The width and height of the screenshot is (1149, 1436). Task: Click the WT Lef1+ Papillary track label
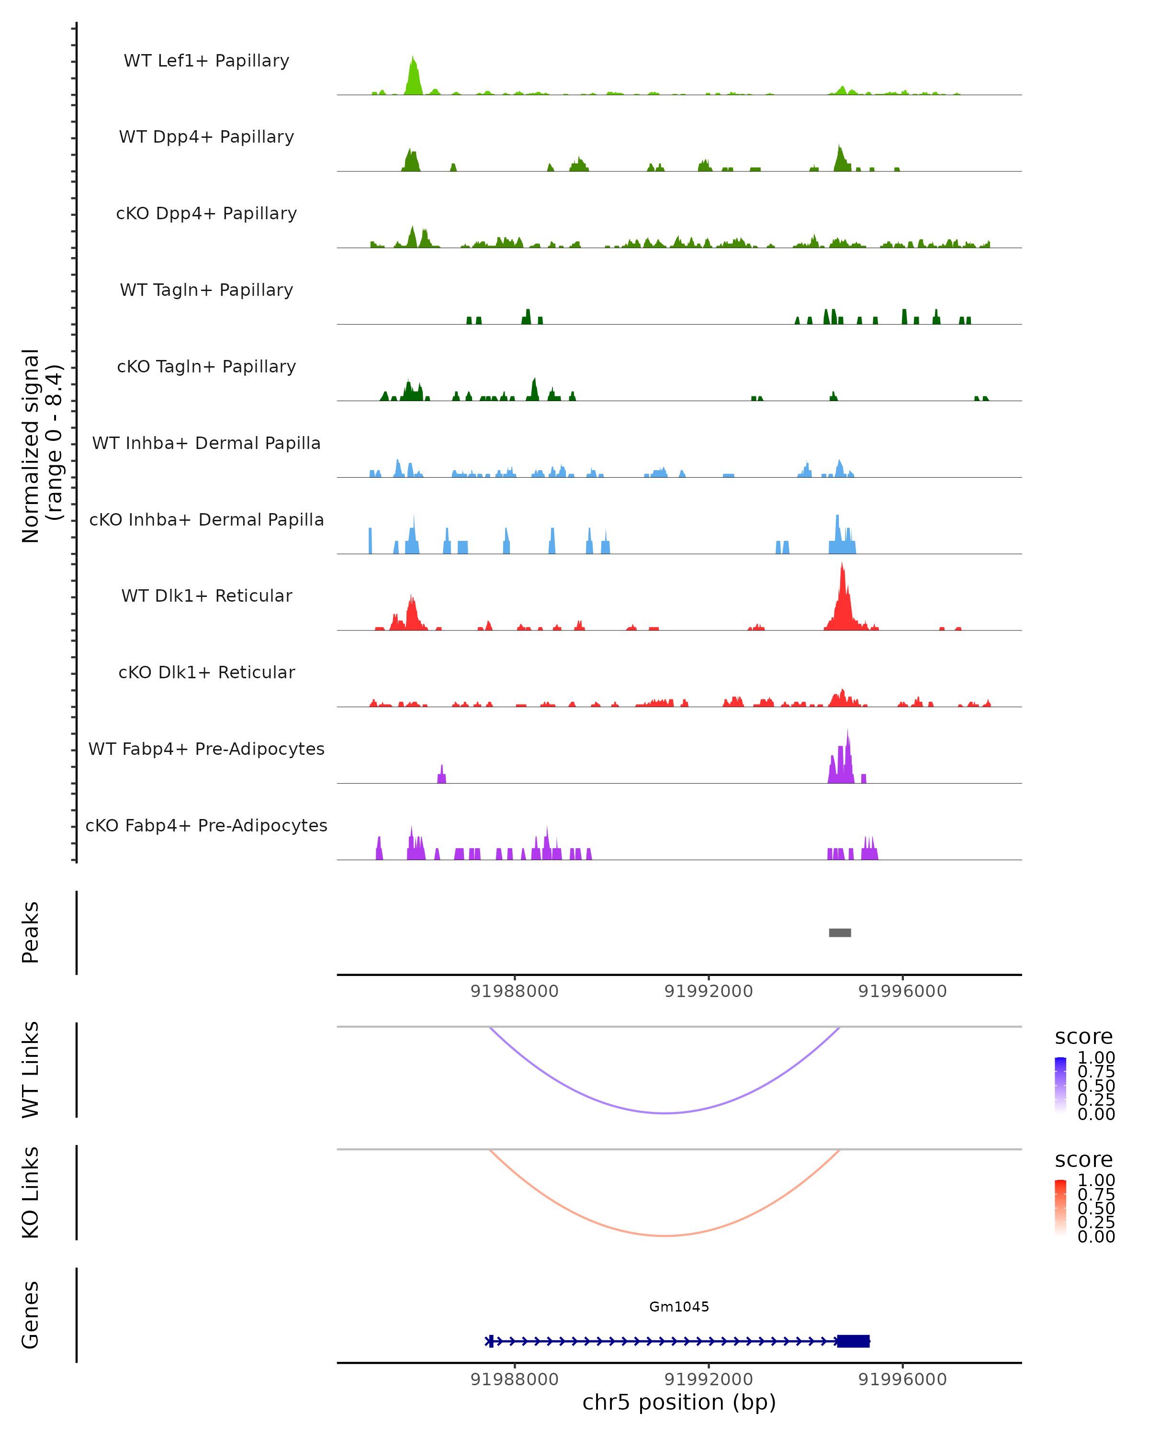pos(206,61)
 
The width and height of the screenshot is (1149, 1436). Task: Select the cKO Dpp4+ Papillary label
pos(206,214)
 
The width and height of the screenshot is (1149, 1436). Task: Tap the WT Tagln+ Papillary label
pos(206,291)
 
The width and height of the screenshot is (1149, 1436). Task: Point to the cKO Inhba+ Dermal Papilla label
pos(206,520)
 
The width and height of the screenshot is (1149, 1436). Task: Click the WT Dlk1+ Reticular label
pos(206,596)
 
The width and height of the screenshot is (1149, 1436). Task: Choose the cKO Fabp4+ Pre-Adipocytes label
pos(206,826)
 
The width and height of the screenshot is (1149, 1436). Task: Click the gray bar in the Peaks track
pos(839,932)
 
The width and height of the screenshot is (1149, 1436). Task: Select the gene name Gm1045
pos(679,1307)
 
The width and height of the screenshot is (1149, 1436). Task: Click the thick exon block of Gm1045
pos(853,1341)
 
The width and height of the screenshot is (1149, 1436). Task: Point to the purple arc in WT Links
pos(665,1113)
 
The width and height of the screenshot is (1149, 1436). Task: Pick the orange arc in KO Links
pos(665,1235)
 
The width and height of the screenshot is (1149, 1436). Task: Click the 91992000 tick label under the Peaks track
pos(708,991)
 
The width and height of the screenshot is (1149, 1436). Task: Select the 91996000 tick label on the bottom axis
pos(902,1380)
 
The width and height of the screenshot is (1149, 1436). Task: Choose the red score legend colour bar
pos(1060,1208)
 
